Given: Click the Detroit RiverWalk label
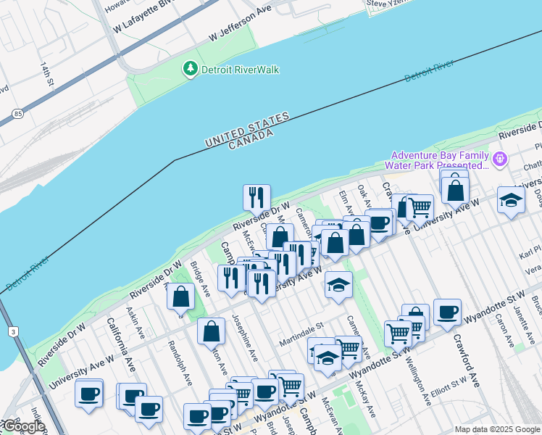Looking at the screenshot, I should point(240,70).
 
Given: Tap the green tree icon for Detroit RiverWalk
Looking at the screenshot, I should point(191,69).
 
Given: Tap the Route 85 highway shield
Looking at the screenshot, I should point(16,114).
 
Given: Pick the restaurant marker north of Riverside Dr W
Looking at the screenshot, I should point(257,197).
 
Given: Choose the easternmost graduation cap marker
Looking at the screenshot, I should point(511,201).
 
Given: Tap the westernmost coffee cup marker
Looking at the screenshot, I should point(89,394).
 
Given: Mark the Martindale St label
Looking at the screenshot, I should point(301,334).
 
